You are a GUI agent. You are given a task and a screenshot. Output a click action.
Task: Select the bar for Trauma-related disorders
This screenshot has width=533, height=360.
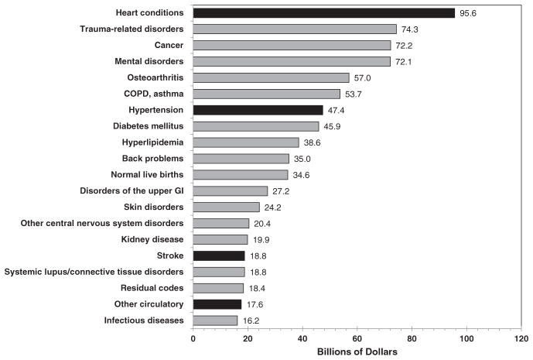point(295,29)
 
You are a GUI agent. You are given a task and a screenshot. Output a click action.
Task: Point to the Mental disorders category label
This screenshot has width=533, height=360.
point(145,61)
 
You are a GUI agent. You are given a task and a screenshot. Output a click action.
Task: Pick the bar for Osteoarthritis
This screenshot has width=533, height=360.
point(271,77)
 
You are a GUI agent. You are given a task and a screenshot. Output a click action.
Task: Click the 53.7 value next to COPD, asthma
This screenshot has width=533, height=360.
point(353,94)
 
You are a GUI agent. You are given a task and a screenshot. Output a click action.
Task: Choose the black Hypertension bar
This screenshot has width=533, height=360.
point(258,110)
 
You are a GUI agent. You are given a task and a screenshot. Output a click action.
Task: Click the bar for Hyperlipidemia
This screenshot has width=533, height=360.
point(245,142)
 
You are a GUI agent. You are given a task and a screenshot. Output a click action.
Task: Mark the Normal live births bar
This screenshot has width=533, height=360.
point(240,175)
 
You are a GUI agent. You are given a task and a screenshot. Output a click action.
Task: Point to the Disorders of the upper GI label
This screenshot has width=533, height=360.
point(132,190)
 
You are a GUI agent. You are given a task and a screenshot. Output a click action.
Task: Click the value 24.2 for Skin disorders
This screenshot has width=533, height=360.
point(272,207)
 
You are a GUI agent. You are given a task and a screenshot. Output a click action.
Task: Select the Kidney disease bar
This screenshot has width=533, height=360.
point(220,239)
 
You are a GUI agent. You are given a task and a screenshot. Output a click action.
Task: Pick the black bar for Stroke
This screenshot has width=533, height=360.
point(218,255)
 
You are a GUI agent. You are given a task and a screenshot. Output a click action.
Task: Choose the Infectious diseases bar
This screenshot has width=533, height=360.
point(215,321)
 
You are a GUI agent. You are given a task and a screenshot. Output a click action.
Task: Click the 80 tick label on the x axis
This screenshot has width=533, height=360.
point(412,338)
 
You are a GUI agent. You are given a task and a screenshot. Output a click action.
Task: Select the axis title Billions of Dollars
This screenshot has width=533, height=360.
point(357,352)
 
